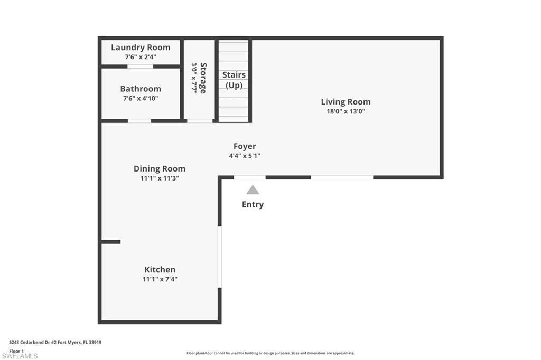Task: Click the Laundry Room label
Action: coord(141,48)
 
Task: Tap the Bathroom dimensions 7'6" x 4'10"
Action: coord(141,98)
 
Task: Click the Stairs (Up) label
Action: coord(234,80)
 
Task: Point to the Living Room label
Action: coord(346,102)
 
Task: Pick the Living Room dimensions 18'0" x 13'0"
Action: coord(346,111)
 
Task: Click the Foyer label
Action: coord(245,146)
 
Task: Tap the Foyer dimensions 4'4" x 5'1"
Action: coord(245,156)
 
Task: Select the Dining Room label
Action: coord(159,169)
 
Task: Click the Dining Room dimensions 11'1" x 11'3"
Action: coord(159,178)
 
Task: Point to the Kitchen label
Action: coord(160,270)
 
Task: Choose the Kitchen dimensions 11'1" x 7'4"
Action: coord(160,279)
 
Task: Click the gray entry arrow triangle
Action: coord(253,190)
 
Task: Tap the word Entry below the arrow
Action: coord(253,204)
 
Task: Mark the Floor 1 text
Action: coord(16,350)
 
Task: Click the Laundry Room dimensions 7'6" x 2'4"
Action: coord(141,56)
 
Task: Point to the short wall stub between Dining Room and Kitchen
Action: coord(110,242)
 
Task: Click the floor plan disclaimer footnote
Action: coord(270,353)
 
